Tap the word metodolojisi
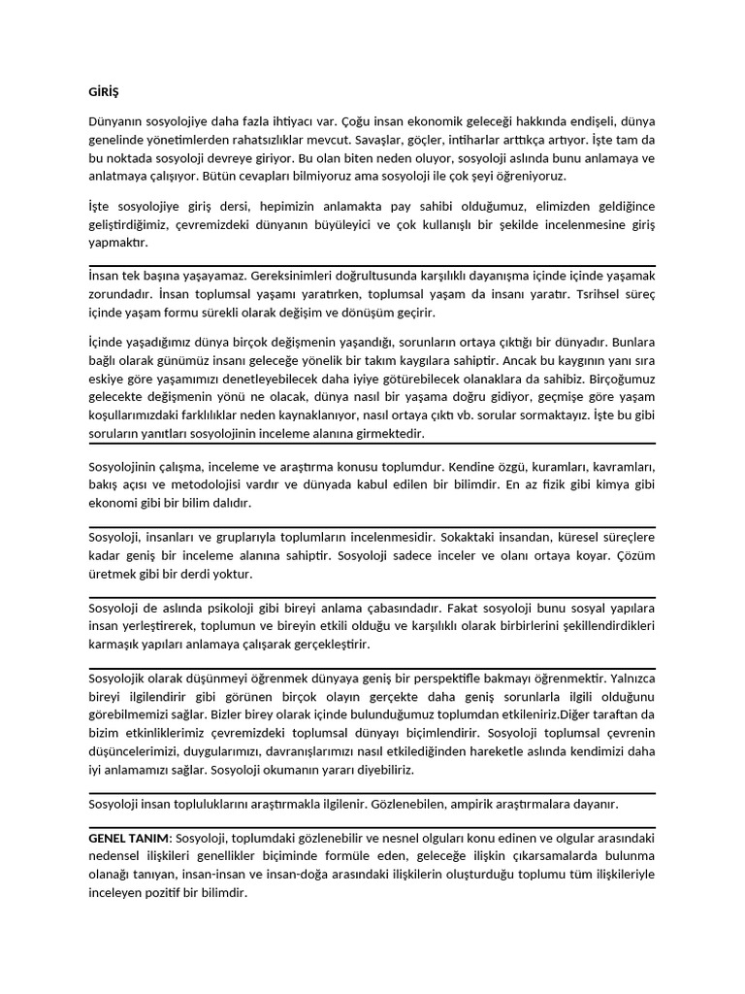pyautogui.click(x=232, y=484)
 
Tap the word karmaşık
pyautogui.click(x=115, y=645)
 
